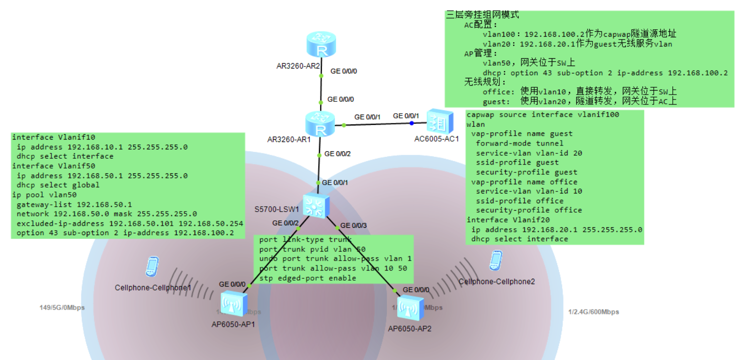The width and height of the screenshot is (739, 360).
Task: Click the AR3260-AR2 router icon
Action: pyautogui.click(x=321, y=45)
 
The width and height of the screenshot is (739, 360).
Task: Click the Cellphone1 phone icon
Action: pyautogui.click(x=152, y=266)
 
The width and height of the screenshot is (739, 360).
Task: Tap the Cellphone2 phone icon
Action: pyautogui.click(x=495, y=261)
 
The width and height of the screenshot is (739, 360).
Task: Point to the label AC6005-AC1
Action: pyautogui.click(x=436, y=139)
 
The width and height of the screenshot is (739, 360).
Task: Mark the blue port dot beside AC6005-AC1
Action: pyautogui.click(x=413, y=124)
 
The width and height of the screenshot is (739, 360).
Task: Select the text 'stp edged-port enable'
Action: pyautogui.click(x=307, y=278)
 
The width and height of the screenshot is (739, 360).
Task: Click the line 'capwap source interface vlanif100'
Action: pyautogui.click(x=542, y=115)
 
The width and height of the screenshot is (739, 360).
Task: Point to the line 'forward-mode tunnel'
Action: pyautogui.click(x=519, y=143)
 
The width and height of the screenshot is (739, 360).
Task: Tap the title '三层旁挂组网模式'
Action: pyautogui.click(x=482, y=15)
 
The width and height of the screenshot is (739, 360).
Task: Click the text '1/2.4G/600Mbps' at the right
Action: pyautogui.click(x=593, y=312)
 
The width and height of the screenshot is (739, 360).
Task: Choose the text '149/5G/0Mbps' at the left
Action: pyautogui.click(x=62, y=308)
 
